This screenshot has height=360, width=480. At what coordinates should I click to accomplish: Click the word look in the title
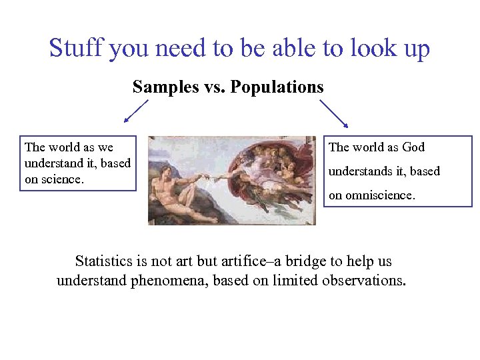pos(359,49)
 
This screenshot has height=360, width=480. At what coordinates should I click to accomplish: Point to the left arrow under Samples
pos(136,111)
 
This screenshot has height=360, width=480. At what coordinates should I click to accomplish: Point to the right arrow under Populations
pos(334,113)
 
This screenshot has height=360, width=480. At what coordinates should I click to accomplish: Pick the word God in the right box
pos(413,147)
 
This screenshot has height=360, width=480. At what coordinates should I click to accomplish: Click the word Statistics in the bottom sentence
pos(104,261)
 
